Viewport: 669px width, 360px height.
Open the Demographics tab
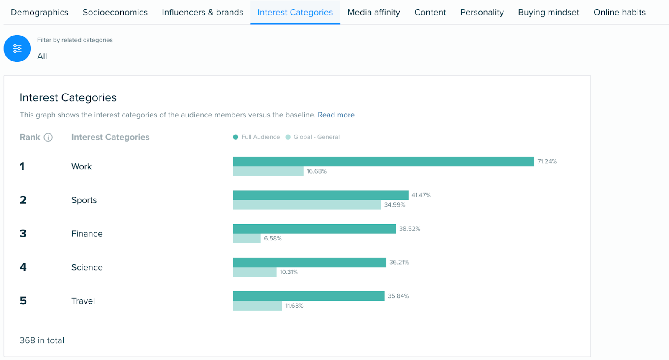[x=39, y=13]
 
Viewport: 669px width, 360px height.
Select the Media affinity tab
[x=373, y=13]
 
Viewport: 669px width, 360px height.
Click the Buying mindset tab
[x=548, y=13]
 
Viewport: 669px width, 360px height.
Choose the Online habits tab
[x=619, y=13]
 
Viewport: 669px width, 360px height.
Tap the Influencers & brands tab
[x=202, y=13]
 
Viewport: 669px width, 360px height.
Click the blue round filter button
[x=17, y=49]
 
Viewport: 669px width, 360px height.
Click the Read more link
[x=336, y=115]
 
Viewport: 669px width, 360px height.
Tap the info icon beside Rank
[x=48, y=138]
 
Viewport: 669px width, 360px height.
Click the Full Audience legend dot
[x=235, y=137]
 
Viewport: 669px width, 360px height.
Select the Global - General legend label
[x=316, y=137]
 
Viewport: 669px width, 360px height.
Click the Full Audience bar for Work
[x=383, y=162]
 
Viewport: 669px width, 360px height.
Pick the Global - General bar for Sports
[x=306, y=205]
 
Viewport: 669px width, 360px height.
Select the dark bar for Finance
[x=314, y=229]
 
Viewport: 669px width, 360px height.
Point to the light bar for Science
[x=255, y=272]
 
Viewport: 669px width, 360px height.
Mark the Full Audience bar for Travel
[x=308, y=296]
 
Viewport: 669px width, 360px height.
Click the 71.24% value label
[x=546, y=162]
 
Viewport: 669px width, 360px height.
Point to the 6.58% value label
[x=273, y=239]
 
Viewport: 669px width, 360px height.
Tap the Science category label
[x=87, y=268]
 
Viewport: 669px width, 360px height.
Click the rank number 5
[x=23, y=301]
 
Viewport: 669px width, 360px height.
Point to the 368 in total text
[x=42, y=341]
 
